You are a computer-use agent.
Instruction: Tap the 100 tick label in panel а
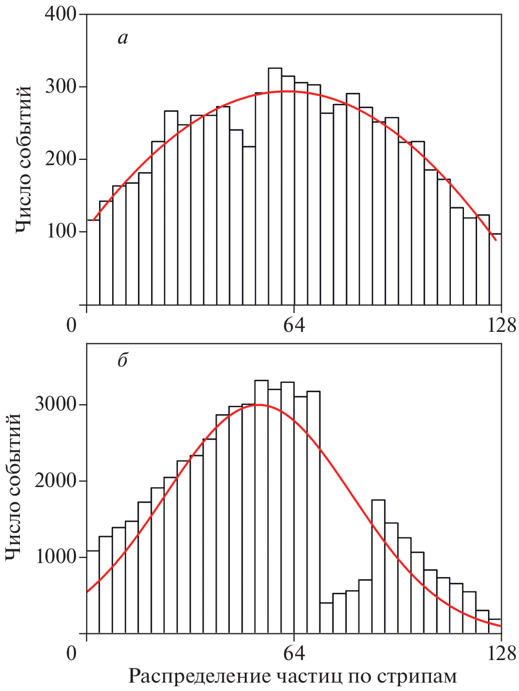click(x=61, y=231)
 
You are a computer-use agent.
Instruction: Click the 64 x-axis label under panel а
click(x=294, y=325)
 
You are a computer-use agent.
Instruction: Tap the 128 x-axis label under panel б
click(x=501, y=653)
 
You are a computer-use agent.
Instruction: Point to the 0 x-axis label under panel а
click(x=72, y=325)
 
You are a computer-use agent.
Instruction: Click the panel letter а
click(x=123, y=38)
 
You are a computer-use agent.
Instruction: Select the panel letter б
click(x=123, y=360)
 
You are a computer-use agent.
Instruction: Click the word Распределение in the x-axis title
click(x=199, y=676)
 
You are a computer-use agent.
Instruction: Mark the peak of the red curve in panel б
click(x=258, y=404)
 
